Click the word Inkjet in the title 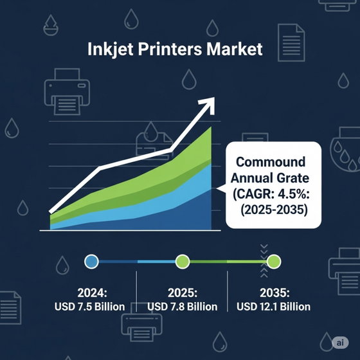pos(110,50)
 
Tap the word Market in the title pos(235,49)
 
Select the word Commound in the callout pos(271,162)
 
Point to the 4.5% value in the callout pos(294,194)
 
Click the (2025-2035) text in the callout pos(274,210)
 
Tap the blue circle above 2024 pos(91,261)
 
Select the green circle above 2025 pos(183,261)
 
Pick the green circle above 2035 pos(274,261)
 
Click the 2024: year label pos(92,292)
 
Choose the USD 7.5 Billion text pos(89,307)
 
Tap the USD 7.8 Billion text pos(183,307)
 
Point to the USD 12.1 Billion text pos(273,307)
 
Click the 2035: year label pos(274,292)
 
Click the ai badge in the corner pos(340,343)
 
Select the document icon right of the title pos(291,42)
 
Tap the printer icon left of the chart pos(67,91)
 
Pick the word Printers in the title pos(170,49)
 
